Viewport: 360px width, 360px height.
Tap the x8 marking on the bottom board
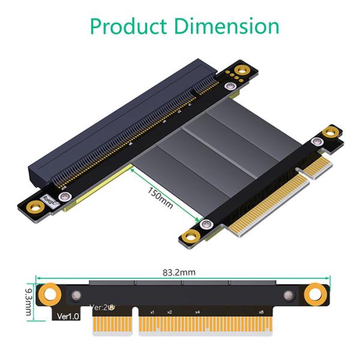coord(260,313)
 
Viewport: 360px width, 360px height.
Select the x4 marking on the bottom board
coord(197,313)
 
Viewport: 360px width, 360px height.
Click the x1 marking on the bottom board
coord(152,313)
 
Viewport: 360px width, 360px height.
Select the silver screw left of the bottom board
coord(76,295)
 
